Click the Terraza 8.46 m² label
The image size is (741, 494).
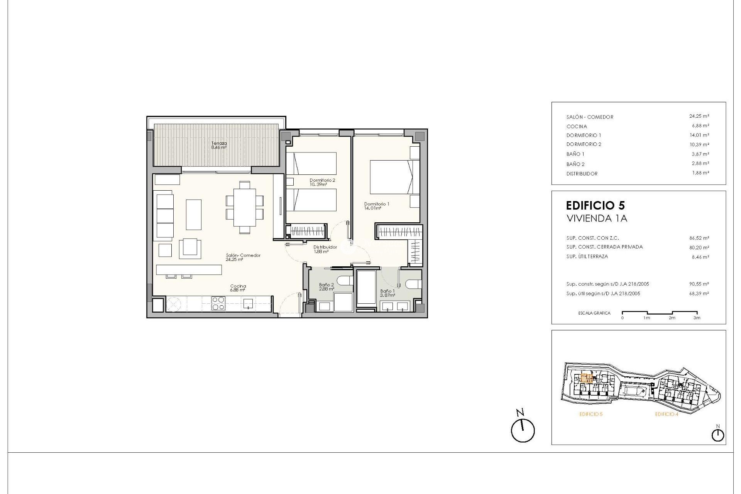(x=219, y=145)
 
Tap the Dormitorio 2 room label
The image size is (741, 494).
(x=322, y=182)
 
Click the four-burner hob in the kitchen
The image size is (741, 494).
(x=218, y=303)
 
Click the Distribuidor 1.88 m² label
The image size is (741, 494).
(x=325, y=249)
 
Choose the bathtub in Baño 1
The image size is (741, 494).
(x=366, y=288)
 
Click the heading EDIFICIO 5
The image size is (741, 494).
(x=595, y=205)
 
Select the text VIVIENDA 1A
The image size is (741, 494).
(x=596, y=218)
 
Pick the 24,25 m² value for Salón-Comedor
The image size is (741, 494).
(x=699, y=116)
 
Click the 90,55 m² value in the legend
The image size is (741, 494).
(x=699, y=284)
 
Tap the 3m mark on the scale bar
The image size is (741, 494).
(x=697, y=318)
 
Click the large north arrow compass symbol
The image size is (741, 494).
(x=523, y=430)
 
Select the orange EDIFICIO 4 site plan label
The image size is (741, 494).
(x=666, y=414)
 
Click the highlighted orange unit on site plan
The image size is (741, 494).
(x=587, y=378)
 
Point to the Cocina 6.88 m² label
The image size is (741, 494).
(x=238, y=288)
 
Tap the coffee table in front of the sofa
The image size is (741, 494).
(x=194, y=215)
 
